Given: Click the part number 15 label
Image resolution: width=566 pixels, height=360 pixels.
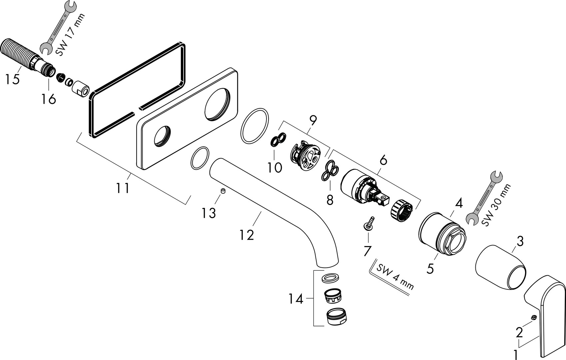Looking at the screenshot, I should pos(12,79).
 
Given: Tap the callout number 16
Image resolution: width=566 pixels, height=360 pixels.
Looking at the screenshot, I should pos(49,99).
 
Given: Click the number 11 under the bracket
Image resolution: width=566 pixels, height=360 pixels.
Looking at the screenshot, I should pos(123,188).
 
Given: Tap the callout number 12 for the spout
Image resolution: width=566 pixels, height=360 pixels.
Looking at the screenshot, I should pos(247,235).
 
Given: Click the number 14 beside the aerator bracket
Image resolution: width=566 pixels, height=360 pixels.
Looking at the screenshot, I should pos(296,299).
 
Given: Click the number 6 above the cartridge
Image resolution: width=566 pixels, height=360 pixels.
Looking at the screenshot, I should pos(383,161).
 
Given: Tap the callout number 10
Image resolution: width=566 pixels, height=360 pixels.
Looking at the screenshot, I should pos(275,167).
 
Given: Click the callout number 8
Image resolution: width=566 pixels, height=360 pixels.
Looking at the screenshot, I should pos(329,200).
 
